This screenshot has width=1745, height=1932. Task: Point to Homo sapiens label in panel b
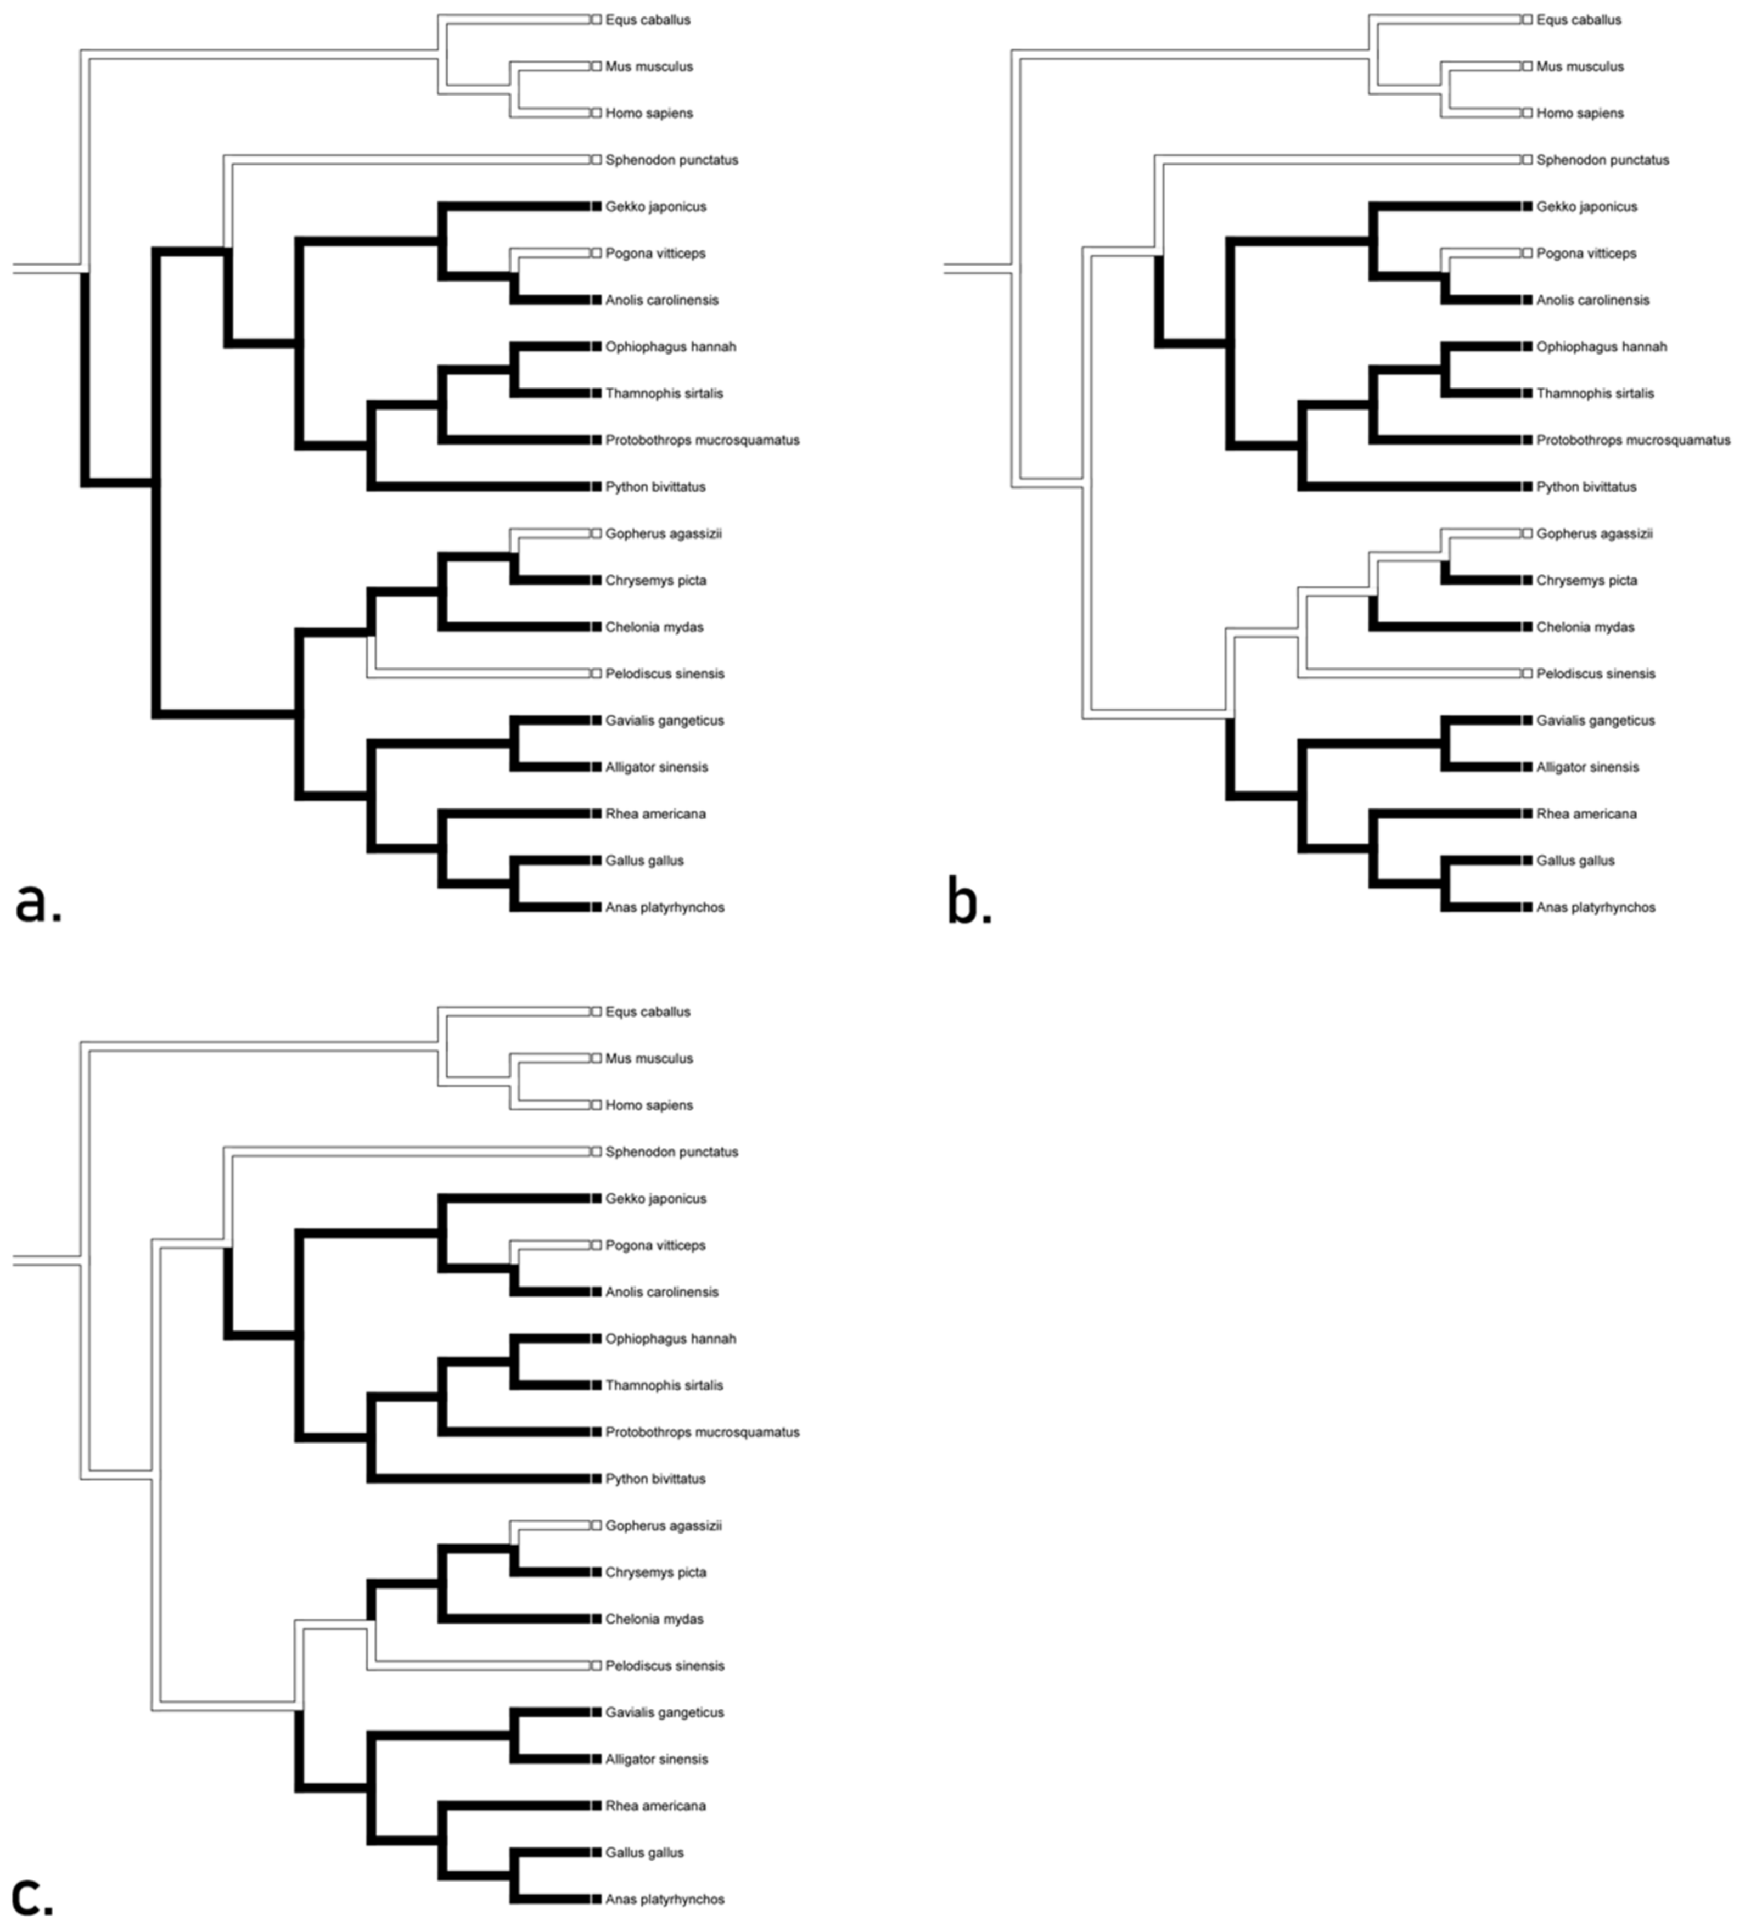coord(1579,113)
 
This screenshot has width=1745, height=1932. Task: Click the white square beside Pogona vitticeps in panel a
coord(596,253)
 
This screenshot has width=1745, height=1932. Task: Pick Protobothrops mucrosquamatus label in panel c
coord(702,1432)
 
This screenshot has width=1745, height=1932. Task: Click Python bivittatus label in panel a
coord(654,487)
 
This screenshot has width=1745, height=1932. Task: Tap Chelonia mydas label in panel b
coord(1585,627)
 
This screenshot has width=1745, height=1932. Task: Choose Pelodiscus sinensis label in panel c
coord(664,1666)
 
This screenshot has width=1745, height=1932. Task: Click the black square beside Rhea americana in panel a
coord(596,813)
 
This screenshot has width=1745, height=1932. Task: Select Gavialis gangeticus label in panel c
coord(664,1712)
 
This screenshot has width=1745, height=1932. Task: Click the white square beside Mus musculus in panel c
coord(596,1058)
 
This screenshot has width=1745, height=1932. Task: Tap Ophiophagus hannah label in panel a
coord(670,347)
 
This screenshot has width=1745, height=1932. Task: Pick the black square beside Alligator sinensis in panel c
coord(596,1759)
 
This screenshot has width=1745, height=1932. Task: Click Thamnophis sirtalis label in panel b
coord(1595,394)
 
